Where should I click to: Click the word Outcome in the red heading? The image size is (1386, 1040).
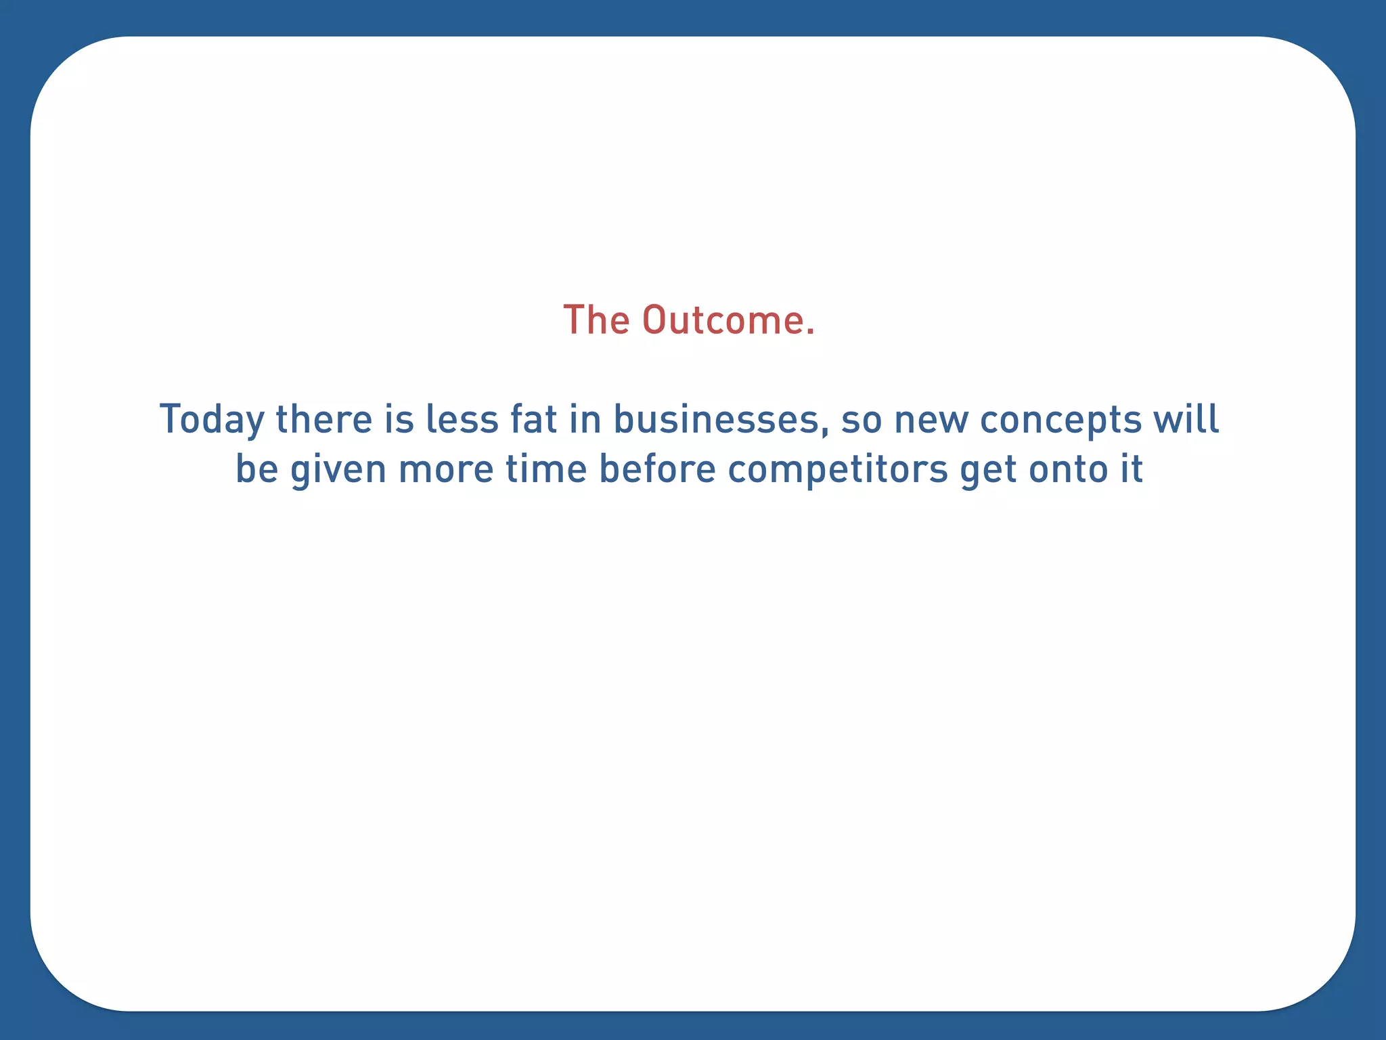click(x=728, y=320)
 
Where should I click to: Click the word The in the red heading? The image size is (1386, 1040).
click(x=596, y=320)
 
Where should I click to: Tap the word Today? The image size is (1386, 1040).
click(x=212, y=420)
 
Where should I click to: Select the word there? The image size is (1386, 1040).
click(x=324, y=419)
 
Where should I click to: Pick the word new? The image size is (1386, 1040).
click(x=931, y=419)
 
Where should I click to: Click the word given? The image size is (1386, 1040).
click(x=338, y=470)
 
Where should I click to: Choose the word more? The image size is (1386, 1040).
click(x=446, y=470)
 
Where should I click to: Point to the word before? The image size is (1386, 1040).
click(x=658, y=469)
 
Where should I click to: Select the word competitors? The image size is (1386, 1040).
click(x=838, y=470)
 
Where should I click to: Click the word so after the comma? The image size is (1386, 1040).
click(x=862, y=420)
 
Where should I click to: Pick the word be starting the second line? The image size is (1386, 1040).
click(x=257, y=469)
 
